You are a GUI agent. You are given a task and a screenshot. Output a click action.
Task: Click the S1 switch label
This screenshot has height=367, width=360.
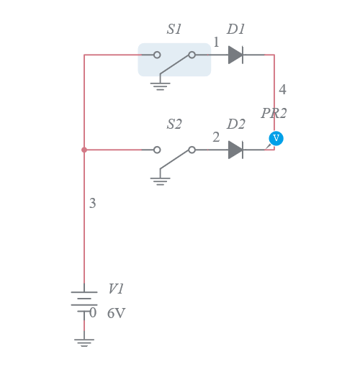(174, 30)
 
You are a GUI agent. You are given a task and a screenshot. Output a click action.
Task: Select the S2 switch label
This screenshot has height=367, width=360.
(174, 124)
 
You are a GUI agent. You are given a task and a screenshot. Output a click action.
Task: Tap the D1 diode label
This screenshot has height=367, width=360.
(236, 30)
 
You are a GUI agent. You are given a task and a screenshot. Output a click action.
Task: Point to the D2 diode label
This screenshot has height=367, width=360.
(236, 124)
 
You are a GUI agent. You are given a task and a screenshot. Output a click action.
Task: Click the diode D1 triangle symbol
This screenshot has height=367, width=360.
(235, 55)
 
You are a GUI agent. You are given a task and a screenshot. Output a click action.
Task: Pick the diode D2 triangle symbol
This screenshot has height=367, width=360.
(235, 150)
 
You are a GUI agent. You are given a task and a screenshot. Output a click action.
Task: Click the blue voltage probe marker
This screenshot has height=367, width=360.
(276, 138)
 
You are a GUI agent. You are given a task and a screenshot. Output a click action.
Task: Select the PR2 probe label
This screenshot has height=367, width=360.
(274, 114)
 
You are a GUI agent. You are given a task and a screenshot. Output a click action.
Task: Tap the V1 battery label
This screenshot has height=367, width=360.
(116, 289)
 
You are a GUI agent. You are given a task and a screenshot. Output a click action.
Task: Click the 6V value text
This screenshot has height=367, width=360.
(116, 314)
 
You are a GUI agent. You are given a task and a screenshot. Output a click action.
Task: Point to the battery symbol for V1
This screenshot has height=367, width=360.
(84, 300)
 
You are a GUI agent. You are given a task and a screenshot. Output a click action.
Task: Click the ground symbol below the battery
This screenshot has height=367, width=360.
(84, 341)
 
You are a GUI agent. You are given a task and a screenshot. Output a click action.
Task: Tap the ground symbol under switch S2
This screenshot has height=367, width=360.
(160, 180)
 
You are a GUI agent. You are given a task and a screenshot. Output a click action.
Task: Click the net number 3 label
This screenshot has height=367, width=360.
(92, 204)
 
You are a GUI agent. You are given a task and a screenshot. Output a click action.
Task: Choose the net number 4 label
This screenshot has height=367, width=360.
(282, 90)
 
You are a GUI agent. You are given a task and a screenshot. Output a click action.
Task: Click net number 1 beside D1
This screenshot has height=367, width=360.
(216, 42)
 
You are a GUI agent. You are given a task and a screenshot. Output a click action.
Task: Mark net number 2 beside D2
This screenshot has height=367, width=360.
(216, 137)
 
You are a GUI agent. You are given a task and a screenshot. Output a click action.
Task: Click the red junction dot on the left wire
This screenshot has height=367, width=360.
(84, 150)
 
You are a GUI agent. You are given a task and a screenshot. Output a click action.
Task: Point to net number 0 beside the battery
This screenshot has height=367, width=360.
(92, 312)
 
